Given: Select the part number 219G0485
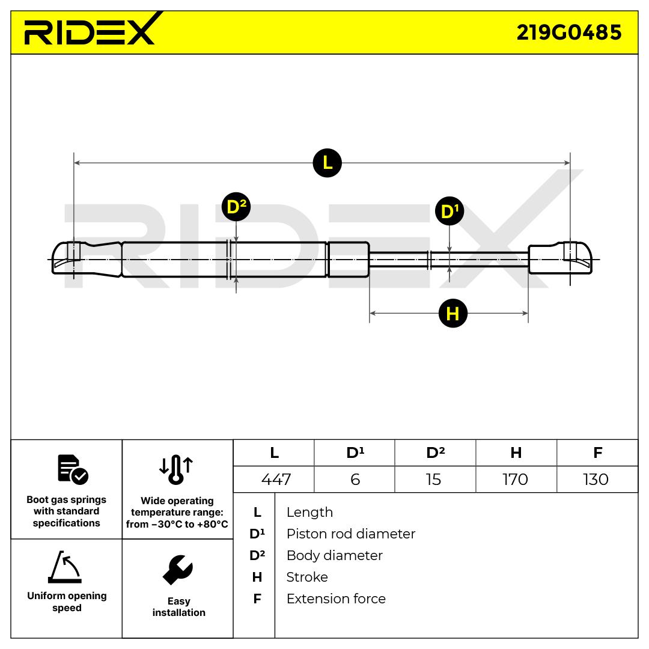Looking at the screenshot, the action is (569, 32).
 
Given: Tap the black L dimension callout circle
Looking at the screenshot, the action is (327, 163).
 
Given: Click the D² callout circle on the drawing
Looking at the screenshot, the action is (236, 207).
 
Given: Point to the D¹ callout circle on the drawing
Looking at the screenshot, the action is (449, 212).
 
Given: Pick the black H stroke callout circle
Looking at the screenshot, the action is (452, 313).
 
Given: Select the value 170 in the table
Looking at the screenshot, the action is (515, 480).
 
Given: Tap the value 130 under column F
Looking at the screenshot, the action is (596, 480).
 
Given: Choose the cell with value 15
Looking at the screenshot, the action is (433, 480).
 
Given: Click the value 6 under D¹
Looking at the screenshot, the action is (355, 480).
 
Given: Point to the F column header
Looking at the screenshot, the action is (597, 453).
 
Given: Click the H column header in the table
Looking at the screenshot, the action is (516, 453).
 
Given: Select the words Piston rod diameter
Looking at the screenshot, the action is (350, 534).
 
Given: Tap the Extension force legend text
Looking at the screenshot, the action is (336, 599).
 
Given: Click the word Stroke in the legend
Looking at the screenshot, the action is (307, 577).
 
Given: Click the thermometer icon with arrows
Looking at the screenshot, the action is (177, 469).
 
